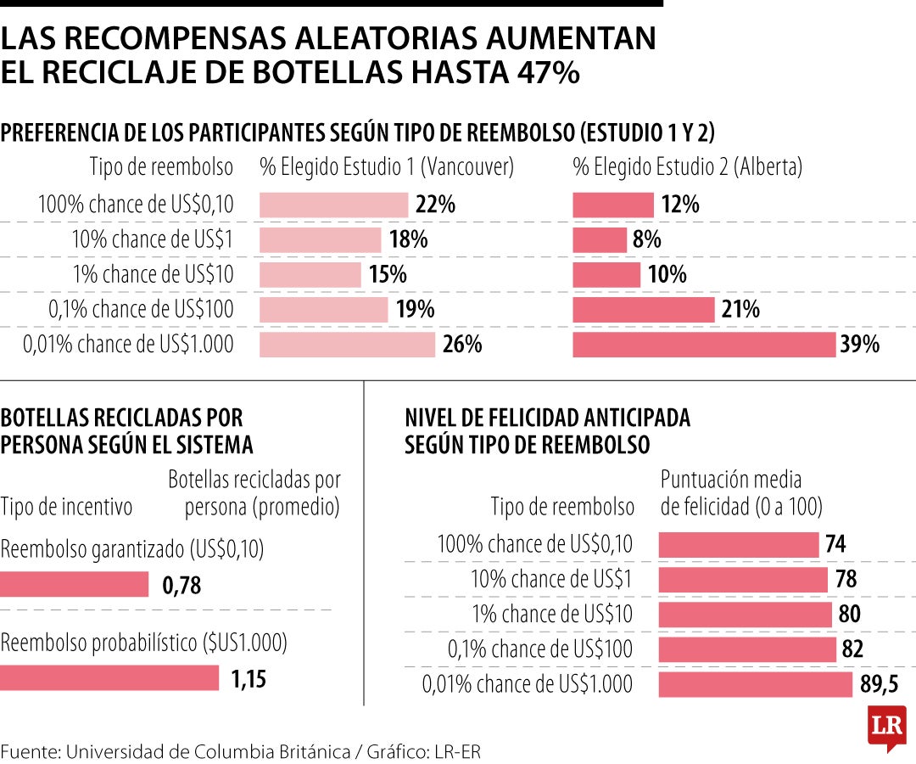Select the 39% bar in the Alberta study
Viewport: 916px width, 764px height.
(704, 345)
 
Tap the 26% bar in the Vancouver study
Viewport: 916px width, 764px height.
(347, 345)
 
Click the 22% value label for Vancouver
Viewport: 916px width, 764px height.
(436, 205)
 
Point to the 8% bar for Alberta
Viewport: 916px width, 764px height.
(600, 240)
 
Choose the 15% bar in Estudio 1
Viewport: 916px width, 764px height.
(310, 275)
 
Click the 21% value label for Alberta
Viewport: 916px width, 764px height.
(741, 310)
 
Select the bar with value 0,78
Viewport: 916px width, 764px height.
(75, 585)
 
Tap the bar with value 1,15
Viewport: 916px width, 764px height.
(109, 678)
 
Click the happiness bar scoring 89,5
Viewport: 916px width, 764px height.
(755, 685)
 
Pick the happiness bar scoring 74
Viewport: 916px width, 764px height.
(738, 544)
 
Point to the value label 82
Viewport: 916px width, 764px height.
(852, 649)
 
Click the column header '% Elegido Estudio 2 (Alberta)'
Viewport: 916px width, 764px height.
(688, 167)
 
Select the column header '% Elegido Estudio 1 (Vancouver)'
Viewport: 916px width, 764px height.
(387, 167)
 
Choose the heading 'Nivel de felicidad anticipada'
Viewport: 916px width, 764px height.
(547, 418)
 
